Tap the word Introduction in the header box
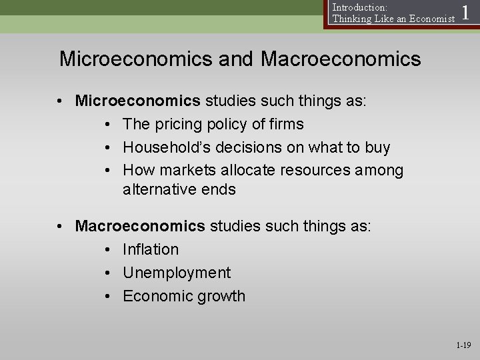coord(357,7)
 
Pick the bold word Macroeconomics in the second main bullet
coord(141,226)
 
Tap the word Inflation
coord(151,249)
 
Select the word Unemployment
coord(177,273)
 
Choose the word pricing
coord(177,124)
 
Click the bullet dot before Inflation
coord(108,249)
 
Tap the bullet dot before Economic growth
coord(108,296)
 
